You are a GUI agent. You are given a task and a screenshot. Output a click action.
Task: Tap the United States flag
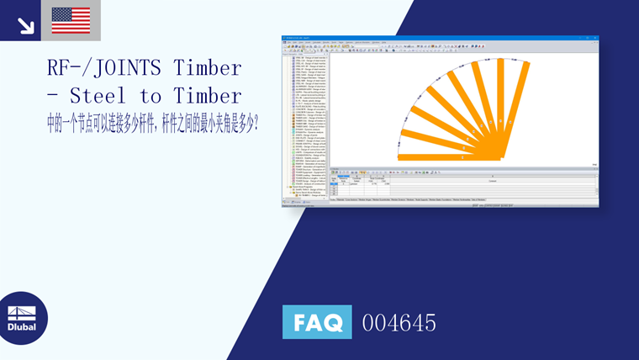[71, 20]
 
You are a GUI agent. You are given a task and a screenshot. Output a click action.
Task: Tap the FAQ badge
[317, 322]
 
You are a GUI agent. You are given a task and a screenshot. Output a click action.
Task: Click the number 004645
[399, 322]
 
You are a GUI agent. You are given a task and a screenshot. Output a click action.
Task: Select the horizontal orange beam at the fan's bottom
[446, 157]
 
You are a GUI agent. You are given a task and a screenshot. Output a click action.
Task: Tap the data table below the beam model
[462, 185]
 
